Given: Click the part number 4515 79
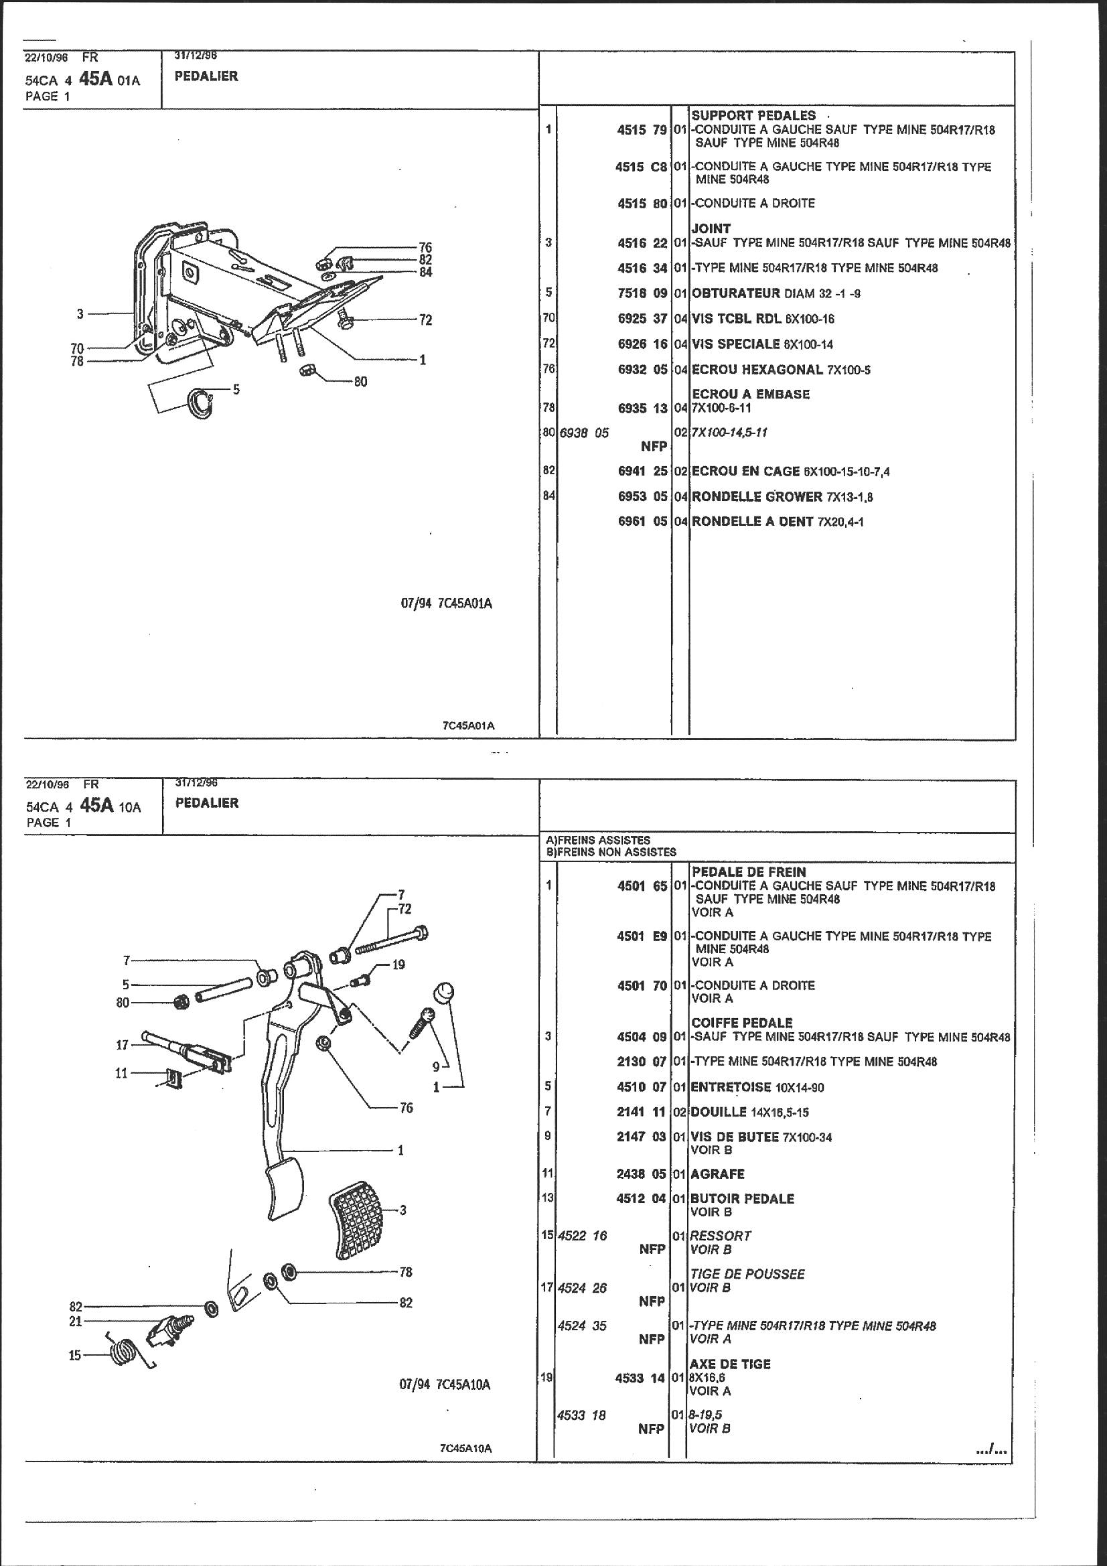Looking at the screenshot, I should tap(641, 129).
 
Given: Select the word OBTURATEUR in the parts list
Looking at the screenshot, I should tap(735, 293).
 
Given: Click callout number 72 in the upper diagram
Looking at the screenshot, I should tap(426, 320).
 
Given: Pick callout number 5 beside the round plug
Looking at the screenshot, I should tap(236, 390).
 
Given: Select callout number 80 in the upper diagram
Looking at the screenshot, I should tap(360, 382).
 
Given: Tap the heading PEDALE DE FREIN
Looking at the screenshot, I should tap(749, 871).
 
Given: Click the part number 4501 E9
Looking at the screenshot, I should tap(641, 936).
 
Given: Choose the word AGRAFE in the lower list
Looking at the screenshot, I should tap(717, 1173).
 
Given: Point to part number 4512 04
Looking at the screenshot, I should tap(641, 1199).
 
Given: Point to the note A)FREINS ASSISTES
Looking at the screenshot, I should tap(598, 841).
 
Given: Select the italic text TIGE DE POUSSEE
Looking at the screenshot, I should tap(748, 1274).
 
